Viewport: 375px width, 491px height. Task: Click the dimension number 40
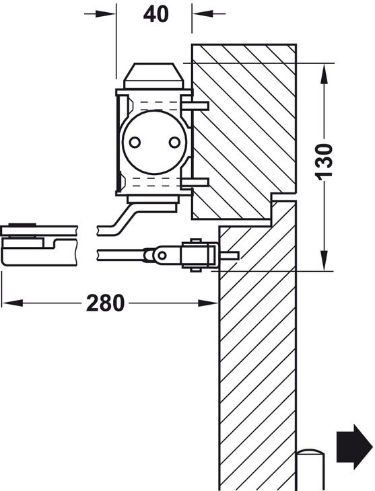pos(156,13)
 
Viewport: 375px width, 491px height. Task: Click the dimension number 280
pos(106,303)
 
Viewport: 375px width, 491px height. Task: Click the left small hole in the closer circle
pos(135,142)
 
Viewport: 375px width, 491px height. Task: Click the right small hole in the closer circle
pos(175,142)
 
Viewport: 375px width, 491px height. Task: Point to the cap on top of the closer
pos(154,76)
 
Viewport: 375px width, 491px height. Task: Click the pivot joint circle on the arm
pos(160,255)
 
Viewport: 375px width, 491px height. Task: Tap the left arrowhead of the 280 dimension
pos(10,303)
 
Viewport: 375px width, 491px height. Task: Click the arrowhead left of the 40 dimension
pos(107,13)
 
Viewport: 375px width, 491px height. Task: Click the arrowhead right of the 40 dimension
pos(201,13)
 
